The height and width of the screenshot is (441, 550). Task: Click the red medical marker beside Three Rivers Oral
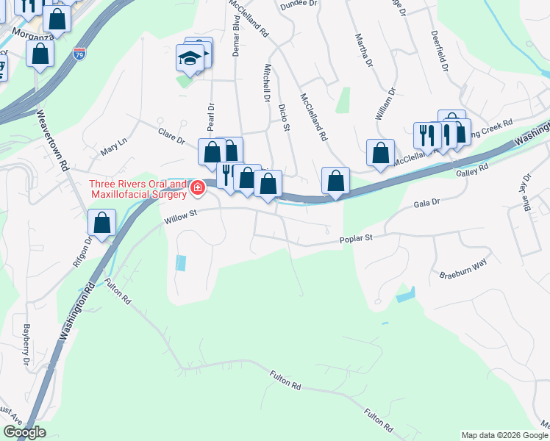pos(197,189)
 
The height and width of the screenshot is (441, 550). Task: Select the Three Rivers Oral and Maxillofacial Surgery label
pos(138,189)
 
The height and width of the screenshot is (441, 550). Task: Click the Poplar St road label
pos(357,238)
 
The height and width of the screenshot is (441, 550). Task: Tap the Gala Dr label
pos(426,201)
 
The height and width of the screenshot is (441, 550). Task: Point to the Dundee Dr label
pos(298,4)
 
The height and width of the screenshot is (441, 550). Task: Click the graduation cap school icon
pos(190,58)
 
